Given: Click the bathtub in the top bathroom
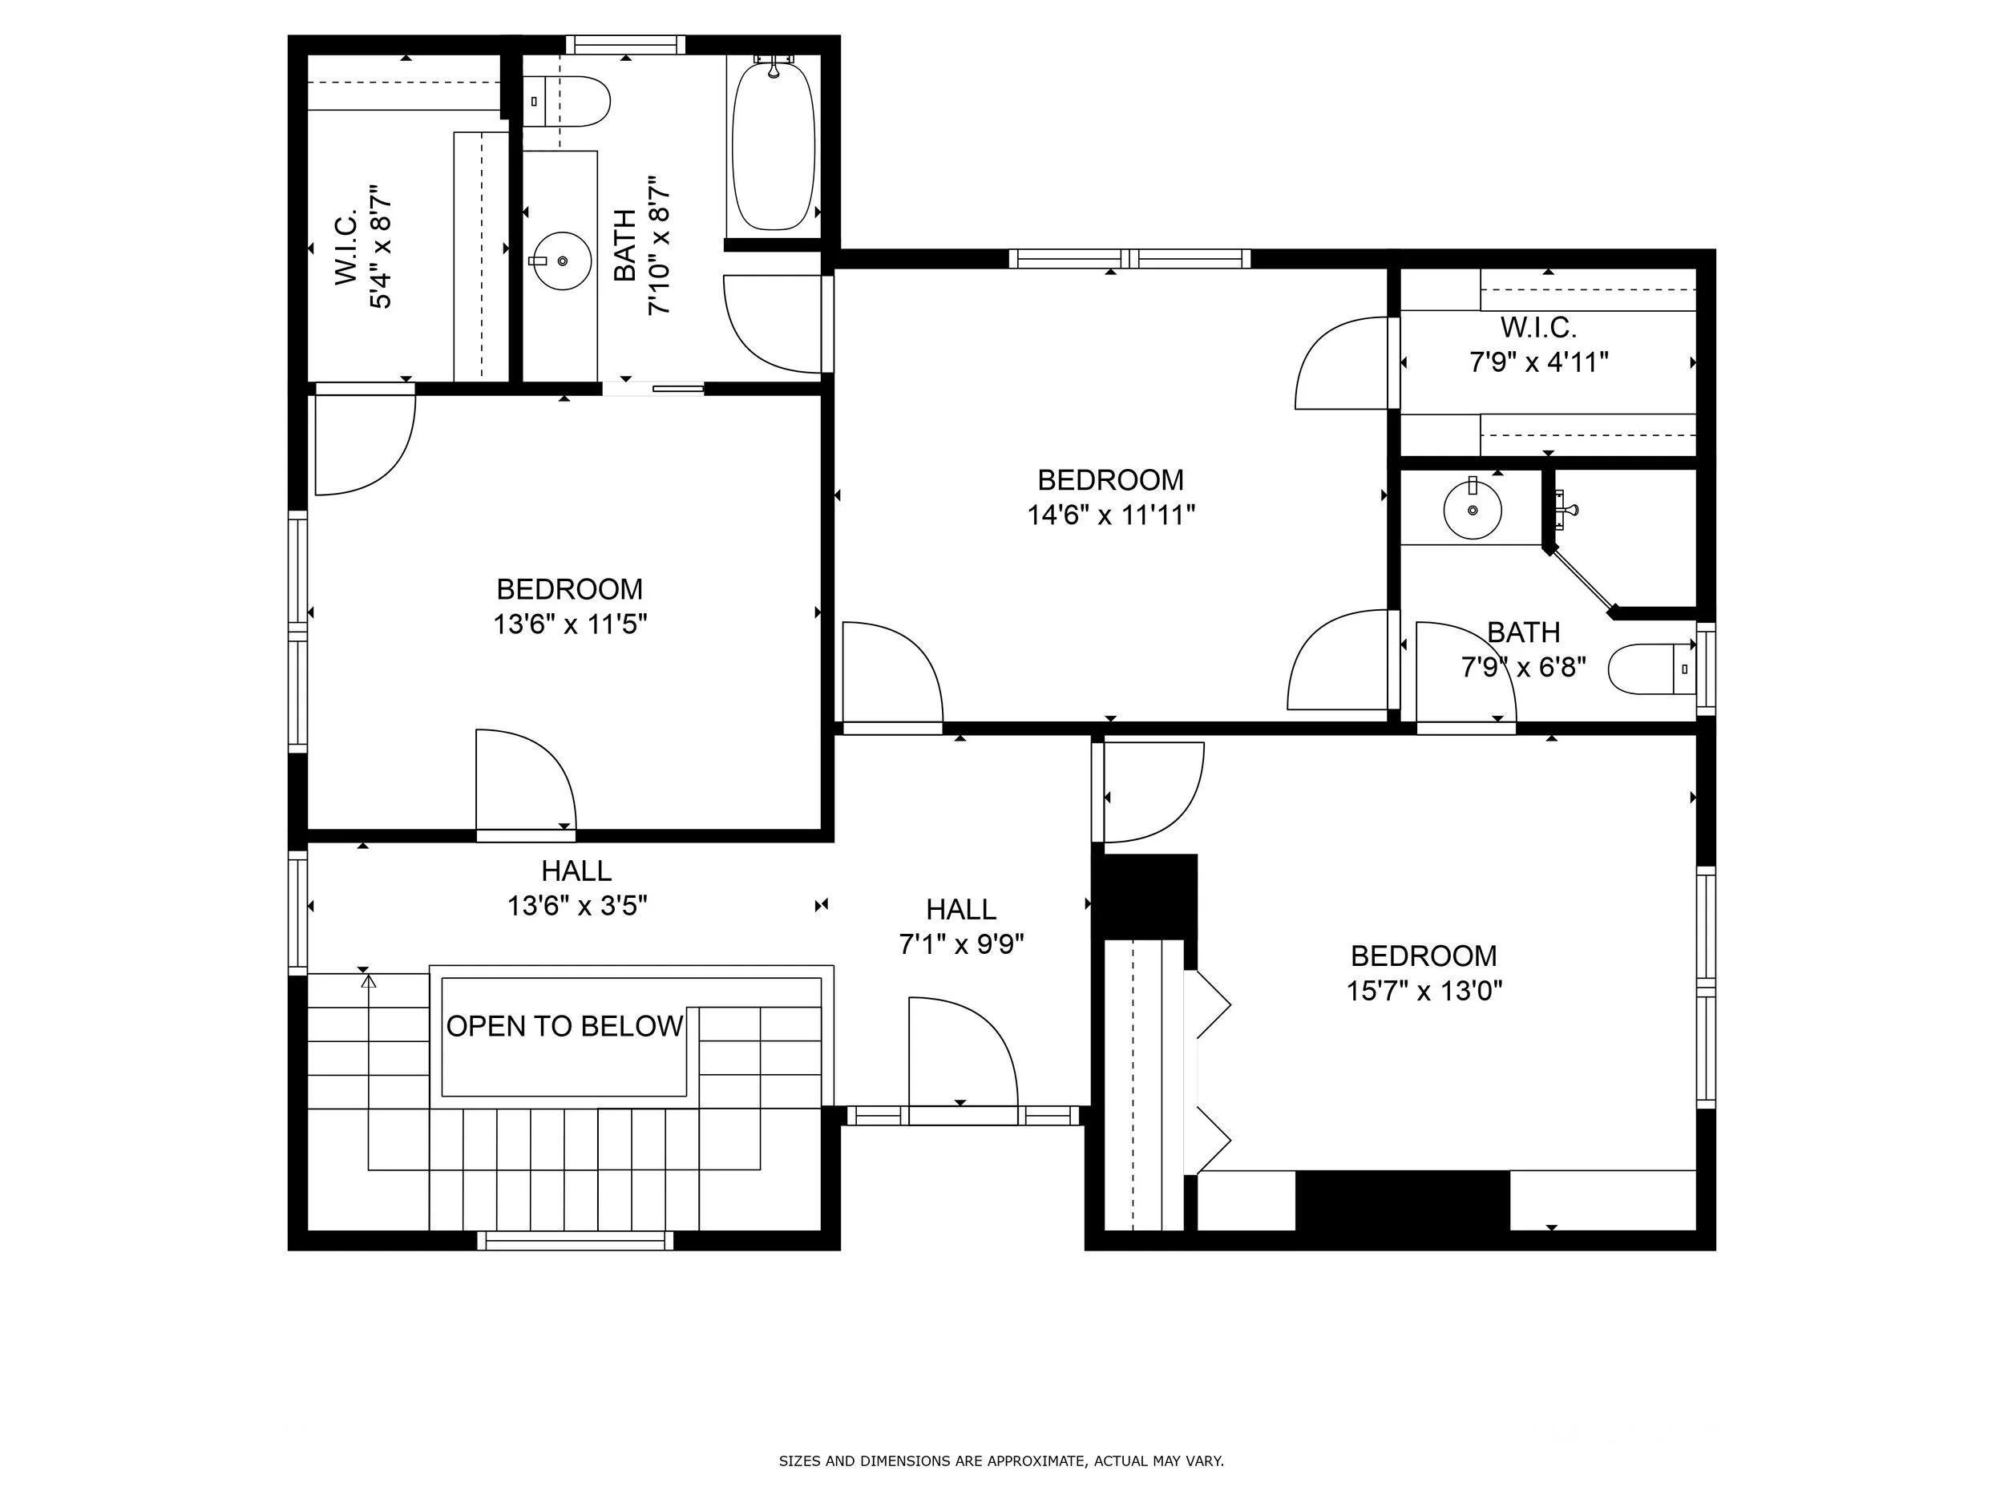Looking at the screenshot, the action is (773, 146).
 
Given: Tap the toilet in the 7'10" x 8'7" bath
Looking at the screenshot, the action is (566, 102).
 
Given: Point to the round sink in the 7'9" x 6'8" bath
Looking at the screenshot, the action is (1473, 509).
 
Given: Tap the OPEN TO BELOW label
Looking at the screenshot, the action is (564, 1027).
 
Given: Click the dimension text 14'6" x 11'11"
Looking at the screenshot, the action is (1111, 515).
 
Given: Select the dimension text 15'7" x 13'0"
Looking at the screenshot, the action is (1424, 991).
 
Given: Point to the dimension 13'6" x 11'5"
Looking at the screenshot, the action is (570, 624).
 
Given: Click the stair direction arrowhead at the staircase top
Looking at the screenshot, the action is (368, 980).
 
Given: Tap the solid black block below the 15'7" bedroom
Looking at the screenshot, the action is (1403, 1201).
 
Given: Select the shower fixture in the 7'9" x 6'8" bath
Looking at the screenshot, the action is (1565, 509).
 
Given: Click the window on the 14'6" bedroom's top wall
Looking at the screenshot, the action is (1129, 259).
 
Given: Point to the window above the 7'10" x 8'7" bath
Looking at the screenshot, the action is (626, 44).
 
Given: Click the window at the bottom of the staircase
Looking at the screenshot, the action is (576, 1241).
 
